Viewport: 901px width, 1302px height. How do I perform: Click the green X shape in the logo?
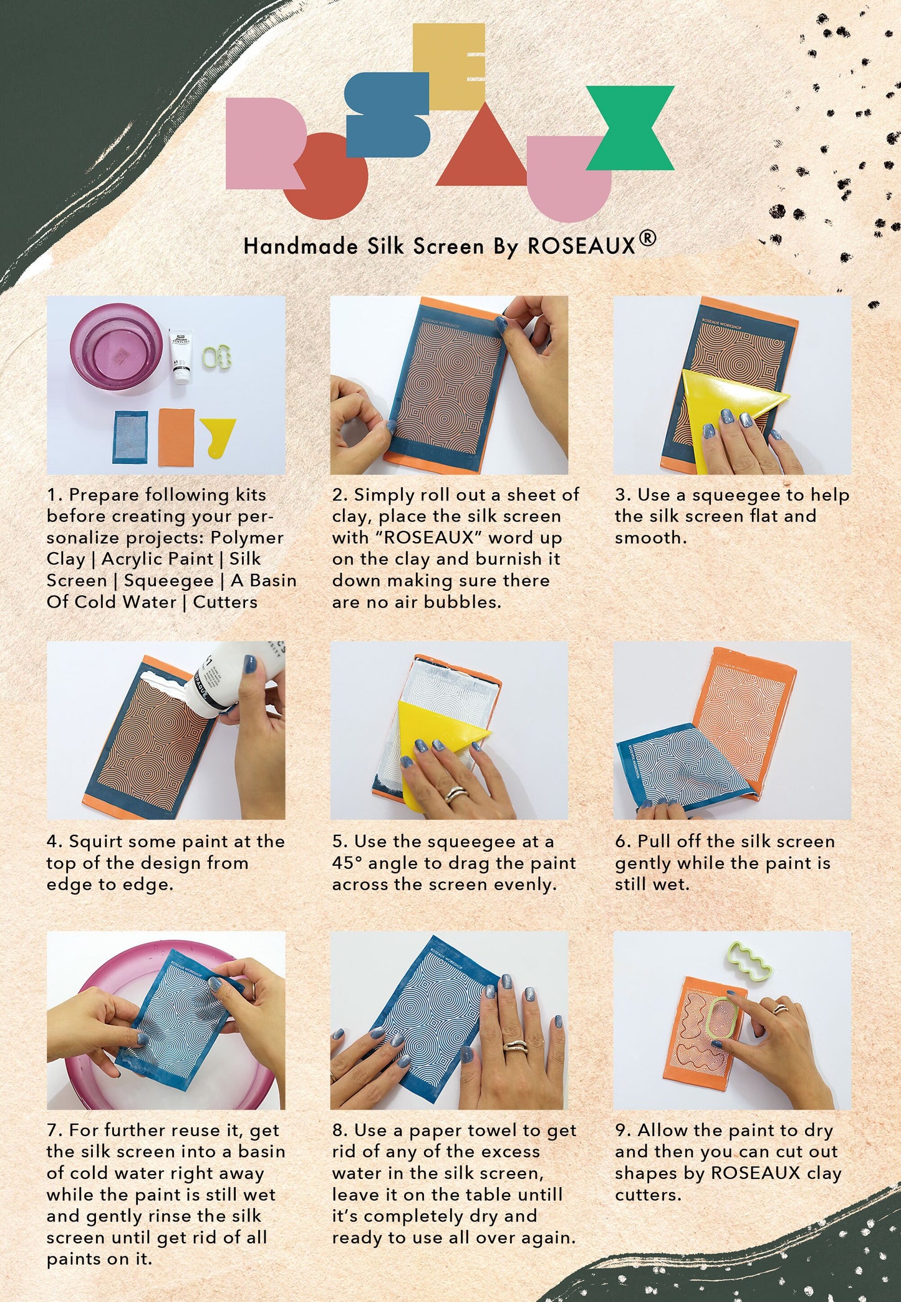click(x=630, y=128)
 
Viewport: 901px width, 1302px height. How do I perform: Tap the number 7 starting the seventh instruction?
click(x=52, y=1130)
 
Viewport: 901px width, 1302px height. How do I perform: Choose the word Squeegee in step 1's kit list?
click(x=169, y=580)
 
